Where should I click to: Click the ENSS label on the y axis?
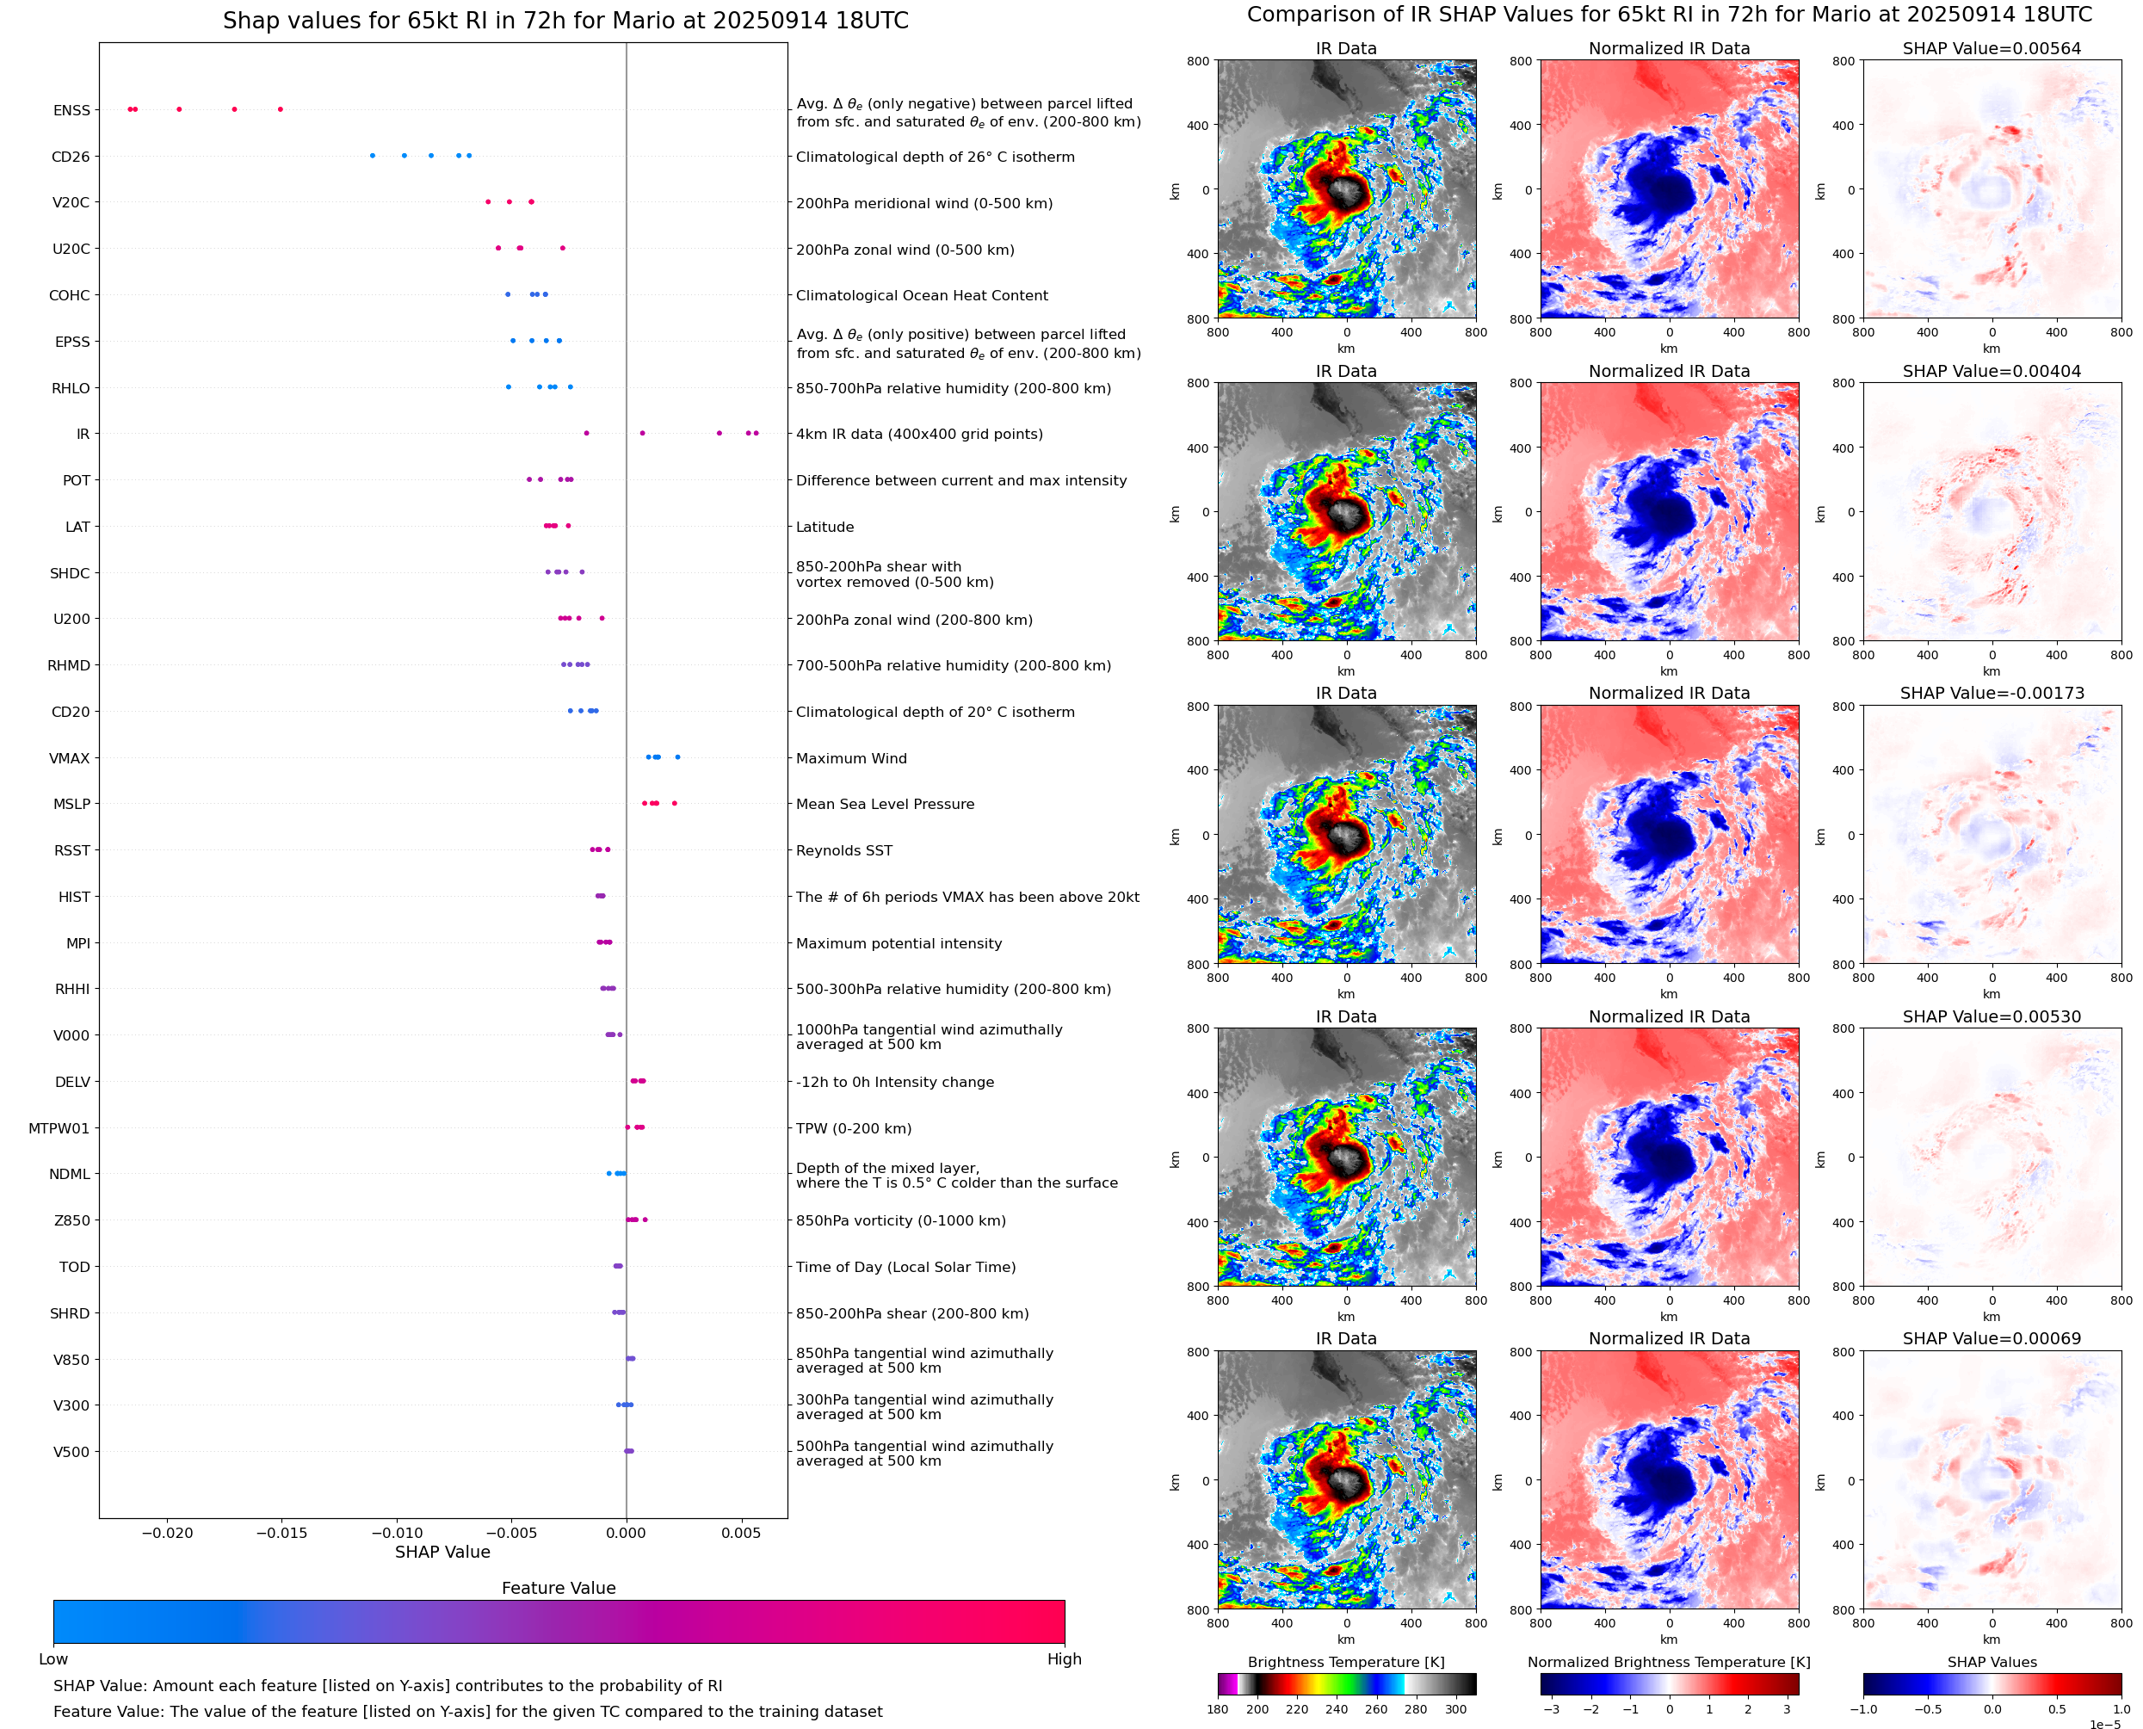click(x=71, y=110)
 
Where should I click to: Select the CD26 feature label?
click(x=71, y=157)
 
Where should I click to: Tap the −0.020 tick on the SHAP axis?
click(x=166, y=1533)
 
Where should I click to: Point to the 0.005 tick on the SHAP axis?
click(x=741, y=1533)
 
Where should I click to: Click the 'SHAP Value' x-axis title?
click(x=442, y=1552)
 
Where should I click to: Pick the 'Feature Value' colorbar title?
click(x=559, y=1589)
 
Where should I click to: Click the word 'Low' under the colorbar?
click(x=52, y=1659)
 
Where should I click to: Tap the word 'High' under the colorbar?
click(x=1064, y=1659)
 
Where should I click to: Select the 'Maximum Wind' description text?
click(x=851, y=759)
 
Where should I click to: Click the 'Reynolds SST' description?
click(x=844, y=850)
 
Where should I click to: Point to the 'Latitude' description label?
click(x=824, y=527)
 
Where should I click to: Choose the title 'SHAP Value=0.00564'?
click(x=1992, y=48)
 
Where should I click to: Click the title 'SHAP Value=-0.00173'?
click(x=1992, y=693)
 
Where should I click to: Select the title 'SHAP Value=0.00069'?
click(x=1992, y=1338)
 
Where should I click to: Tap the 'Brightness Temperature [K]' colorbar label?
click(x=1346, y=1662)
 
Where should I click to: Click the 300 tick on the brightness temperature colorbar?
click(x=1456, y=1709)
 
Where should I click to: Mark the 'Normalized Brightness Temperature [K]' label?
click(x=1669, y=1662)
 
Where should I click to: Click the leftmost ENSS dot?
click(x=131, y=108)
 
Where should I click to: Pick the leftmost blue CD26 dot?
click(x=373, y=156)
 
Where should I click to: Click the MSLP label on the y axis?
click(x=71, y=805)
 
